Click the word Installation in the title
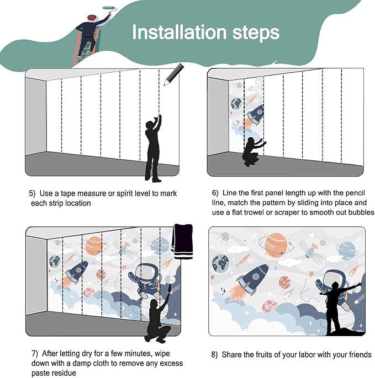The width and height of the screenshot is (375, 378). [x=179, y=32]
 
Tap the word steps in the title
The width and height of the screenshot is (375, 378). [x=256, y=33]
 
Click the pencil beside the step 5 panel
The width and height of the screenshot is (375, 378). [x=174, y=74]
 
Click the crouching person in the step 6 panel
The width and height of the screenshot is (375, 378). [x=253, y=152]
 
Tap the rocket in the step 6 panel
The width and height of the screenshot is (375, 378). [x=253, y=116]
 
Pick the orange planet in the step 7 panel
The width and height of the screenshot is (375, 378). [x=94, y=246]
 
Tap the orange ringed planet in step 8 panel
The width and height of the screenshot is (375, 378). [x=276, y=245]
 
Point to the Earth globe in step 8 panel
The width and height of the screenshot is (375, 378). [x=220, y=263]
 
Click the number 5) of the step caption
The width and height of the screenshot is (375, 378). [x=32, y=193]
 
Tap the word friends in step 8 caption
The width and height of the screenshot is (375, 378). [x=360, y=354]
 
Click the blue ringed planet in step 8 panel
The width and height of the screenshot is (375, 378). [x=346, y=251]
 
